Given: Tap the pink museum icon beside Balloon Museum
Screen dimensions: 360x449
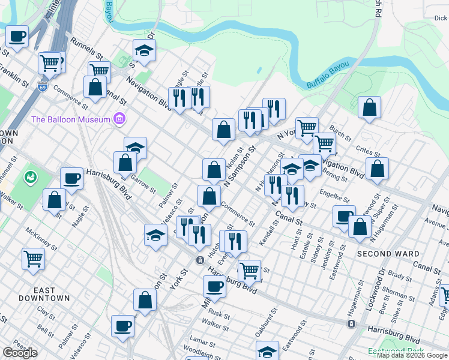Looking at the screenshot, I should click(119, 119).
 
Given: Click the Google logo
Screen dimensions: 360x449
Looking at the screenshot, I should click(20, 353).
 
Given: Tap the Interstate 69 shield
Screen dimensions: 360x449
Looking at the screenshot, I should click(42, 86).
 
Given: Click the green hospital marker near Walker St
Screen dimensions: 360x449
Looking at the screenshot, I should click(31, 178).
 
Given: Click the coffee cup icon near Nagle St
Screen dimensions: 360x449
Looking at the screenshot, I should click(71, 178).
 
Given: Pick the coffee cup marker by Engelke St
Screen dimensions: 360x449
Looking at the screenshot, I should click(345, 216).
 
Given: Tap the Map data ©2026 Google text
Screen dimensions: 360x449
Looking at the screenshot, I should click(411, 355).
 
